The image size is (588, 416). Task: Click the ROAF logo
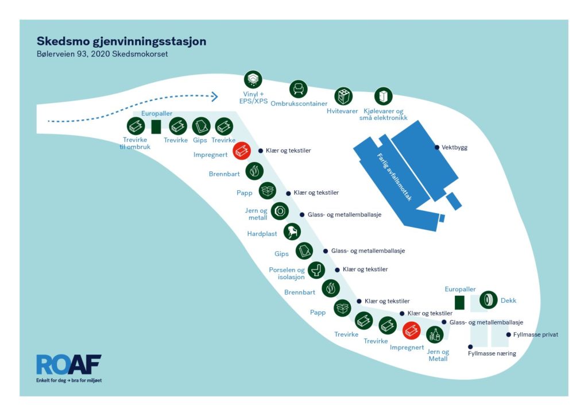click(x=69, y=368)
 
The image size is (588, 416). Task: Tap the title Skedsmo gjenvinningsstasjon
click(x=122, y=41)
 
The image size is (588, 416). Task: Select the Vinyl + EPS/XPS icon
click(x=253, y=79)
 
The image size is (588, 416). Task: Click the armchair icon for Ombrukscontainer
click(x=299, y=89)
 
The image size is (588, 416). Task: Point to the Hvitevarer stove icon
click(x=343, y=96)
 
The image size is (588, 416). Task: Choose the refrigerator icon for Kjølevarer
click(x=383, y=97)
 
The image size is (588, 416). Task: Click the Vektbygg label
click(x=455, y=148)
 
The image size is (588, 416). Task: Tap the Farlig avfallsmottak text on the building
click(x=394, y=178)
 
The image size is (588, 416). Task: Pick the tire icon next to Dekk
click(x=488, y=300)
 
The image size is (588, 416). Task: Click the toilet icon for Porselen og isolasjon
click(x=316, y=270)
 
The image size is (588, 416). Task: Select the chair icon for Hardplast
click(x=292, y=232)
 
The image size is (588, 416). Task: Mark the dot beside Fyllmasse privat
click(x=509, y=334)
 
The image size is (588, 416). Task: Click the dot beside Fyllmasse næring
click(x=470, y=347)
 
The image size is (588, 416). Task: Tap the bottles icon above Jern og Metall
click(x=435, y=334)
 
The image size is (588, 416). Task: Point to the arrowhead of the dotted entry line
click(x=215, y=97)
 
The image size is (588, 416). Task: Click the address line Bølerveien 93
click(x=102, y=54)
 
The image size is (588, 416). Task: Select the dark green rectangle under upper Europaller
click(x=156, y=127)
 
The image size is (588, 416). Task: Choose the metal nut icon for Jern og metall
click(x=280, y=211)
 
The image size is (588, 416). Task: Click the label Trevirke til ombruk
click(x=135, y=143)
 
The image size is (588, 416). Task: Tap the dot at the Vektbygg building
click(x=437, y=148)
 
